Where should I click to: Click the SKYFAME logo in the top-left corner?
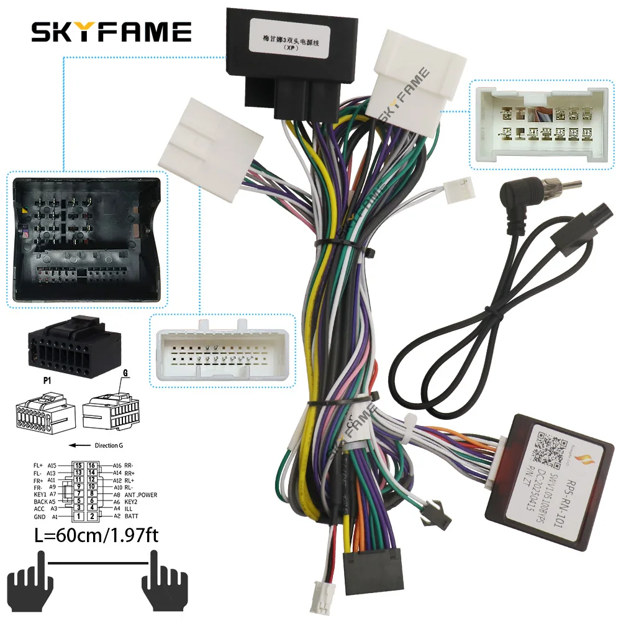click(x=112, y=30)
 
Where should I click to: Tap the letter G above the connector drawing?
click(x=125, y=373)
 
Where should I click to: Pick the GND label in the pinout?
click(x=40, y=516)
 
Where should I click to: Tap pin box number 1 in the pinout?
click(x=78, y=516)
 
